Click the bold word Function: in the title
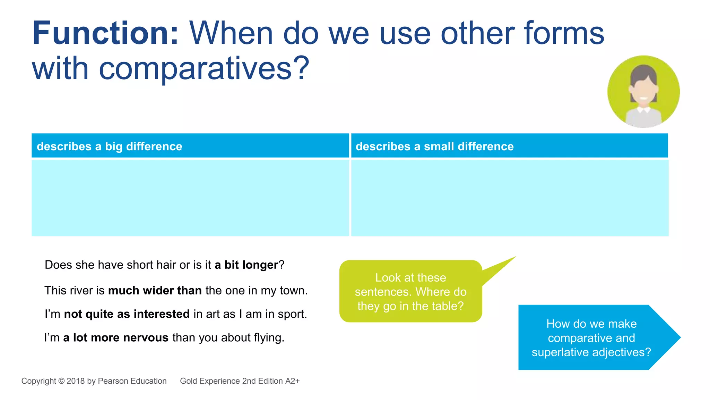[x=105, y=34]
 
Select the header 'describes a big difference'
[x=109, y=146]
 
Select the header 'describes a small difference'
[x=434, y=146]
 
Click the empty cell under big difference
[x=190, y=198]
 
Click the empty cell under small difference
[x=509, y=198]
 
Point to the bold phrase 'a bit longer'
[x=246, y=265]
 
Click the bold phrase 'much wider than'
[x=155, y=290]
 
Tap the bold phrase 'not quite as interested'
[x=127, y=314]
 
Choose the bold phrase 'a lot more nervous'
[x=115, y=337]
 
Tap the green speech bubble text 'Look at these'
[x=410, y=277]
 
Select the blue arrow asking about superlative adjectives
[x=591, y=337]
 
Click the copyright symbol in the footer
[x=61, y=381]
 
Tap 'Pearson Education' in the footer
[x=132, y=381]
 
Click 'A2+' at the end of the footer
[x=292, y=381]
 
